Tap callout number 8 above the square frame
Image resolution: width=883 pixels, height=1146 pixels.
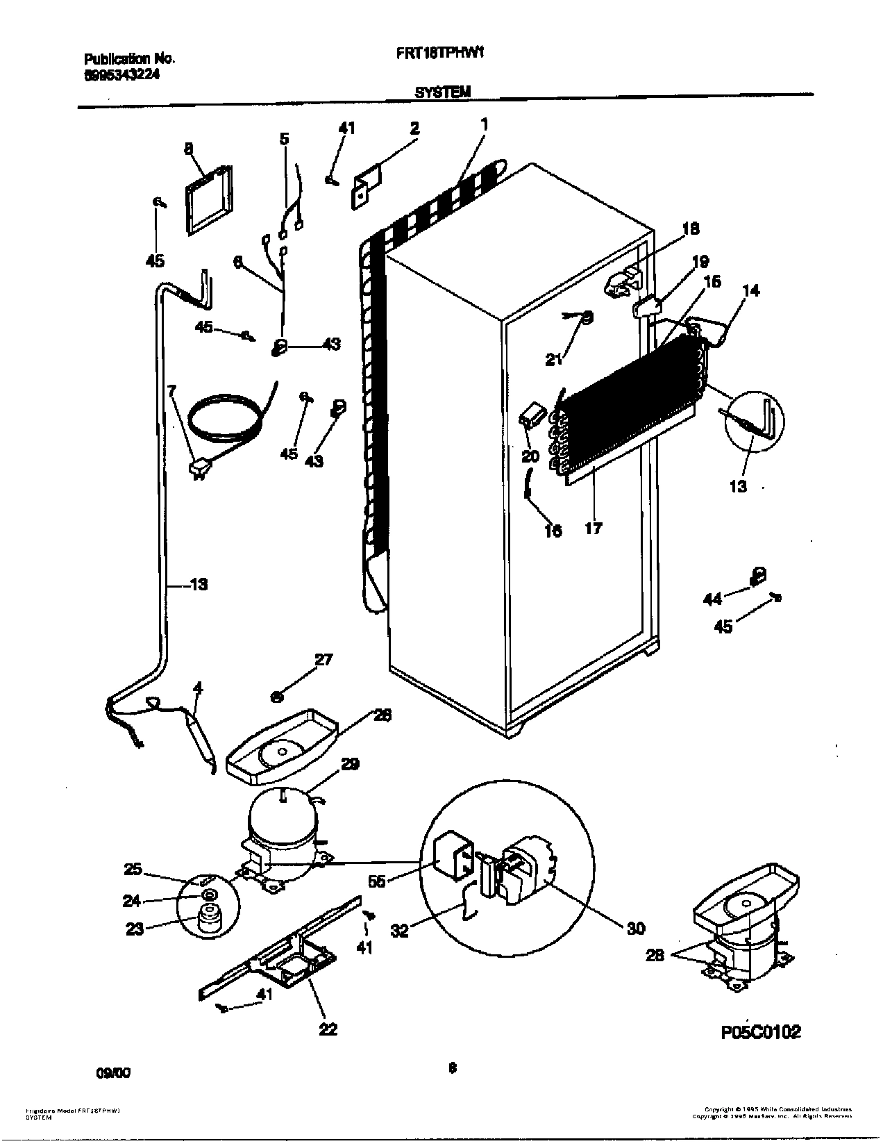(188, 148)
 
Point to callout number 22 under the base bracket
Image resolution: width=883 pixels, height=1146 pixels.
(328, 1029)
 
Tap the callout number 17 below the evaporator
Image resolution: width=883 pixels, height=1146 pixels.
(594, 529)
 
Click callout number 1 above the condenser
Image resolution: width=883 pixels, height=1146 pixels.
(484, 125)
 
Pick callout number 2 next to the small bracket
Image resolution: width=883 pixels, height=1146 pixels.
(414, 128)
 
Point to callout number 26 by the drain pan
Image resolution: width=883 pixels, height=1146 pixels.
(382, 715)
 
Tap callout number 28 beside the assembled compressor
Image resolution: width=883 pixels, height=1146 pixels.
(655, 955)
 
